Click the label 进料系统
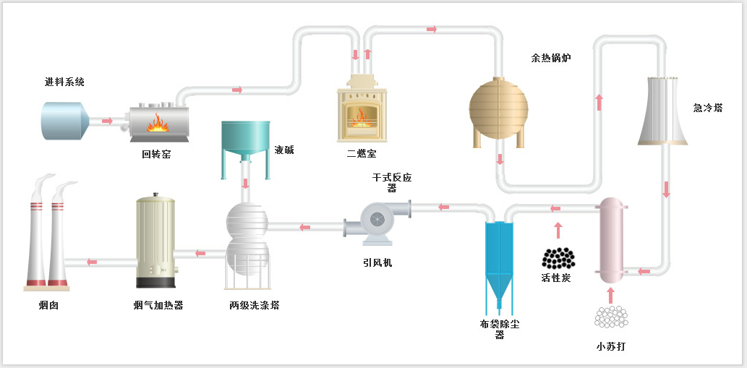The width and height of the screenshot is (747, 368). [64, 82]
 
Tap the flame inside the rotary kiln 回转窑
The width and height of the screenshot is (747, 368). [158, 124]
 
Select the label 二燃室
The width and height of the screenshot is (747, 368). [362, 154]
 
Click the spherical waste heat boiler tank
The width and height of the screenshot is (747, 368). [499, 110]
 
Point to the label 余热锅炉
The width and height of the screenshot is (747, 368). [551, 59]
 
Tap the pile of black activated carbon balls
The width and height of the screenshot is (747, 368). [558, 258]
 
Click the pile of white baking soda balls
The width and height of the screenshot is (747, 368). [611, 317]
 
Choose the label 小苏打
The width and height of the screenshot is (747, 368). [611, 346]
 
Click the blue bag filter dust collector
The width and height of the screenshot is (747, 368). [499, 260]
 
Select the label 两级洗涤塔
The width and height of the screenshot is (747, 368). [255, 305]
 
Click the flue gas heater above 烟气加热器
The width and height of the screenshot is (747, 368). [155, 241]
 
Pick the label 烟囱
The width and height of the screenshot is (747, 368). [48, 305]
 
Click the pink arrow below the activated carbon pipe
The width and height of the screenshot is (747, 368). [558, 231]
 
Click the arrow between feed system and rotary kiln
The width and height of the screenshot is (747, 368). [108, 121]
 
